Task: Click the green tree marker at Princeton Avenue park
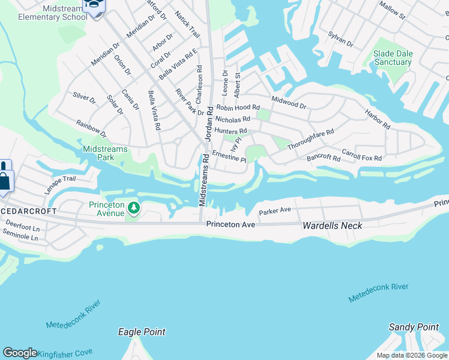[134, 208]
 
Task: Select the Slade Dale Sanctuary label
[393, 58]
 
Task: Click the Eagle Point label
[142, 332]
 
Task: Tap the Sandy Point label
[414, 327]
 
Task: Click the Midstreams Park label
[98, 153]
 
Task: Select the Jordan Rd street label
[209, 124]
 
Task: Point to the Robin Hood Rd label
[238, 107]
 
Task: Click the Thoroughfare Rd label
[310, 139]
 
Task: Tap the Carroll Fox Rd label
[361, 155]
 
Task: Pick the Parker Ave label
[274, 211]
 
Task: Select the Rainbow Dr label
[91, 128]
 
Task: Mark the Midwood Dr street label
[289, 102]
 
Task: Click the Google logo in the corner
[20, 353]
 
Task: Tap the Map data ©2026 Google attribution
[412, 355]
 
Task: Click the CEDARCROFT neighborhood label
[28, 211]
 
